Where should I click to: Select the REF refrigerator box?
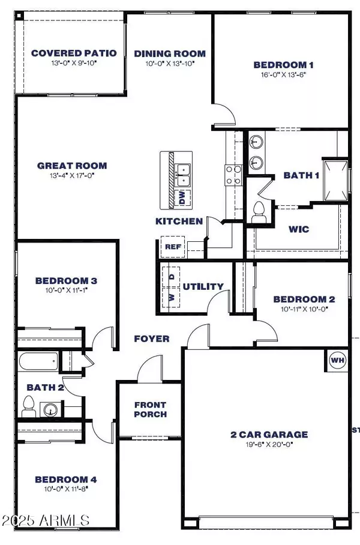coord(169,246)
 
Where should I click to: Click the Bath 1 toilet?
coord(260,212)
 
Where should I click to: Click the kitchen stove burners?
coord(233,174)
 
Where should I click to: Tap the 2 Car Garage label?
coord(269,434)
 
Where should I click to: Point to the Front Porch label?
coord(151,409)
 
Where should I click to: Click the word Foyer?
coord(151,339)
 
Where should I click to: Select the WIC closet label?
coord(298,229)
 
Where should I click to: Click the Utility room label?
coord(203,286)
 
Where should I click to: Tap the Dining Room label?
coord(170,53)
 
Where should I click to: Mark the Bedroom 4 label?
coord(66,479)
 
